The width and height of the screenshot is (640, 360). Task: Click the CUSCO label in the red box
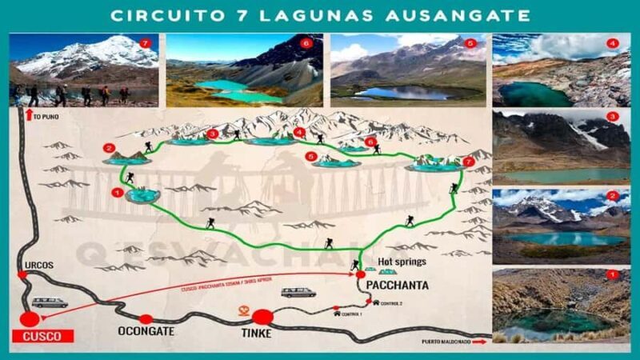42,337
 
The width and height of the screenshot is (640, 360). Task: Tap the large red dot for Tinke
263,317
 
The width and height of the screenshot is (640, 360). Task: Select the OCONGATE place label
146,330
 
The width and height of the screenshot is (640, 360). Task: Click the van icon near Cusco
50,302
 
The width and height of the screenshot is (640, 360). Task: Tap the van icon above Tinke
298,293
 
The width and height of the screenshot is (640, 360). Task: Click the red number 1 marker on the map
118,193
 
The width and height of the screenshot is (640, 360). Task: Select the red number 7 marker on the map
469,162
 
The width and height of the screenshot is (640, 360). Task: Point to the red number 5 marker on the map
310,157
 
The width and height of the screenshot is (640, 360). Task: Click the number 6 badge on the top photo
305,42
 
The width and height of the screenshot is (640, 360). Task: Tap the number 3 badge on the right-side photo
613,117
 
